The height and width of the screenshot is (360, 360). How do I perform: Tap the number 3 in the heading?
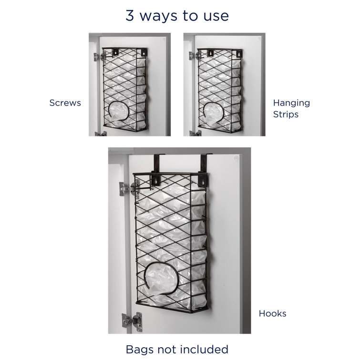click(x=130, y=15)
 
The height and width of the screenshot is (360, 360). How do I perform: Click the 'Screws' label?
click(x=65, y=103)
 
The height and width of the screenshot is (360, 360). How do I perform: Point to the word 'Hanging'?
click(x=291, y=103)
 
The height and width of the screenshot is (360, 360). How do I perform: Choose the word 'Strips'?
click(x=286, y=114)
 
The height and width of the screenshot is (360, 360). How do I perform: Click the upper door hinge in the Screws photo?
click(x=98, y=57)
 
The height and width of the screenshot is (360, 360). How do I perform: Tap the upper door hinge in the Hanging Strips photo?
click(x=193, y=56)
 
